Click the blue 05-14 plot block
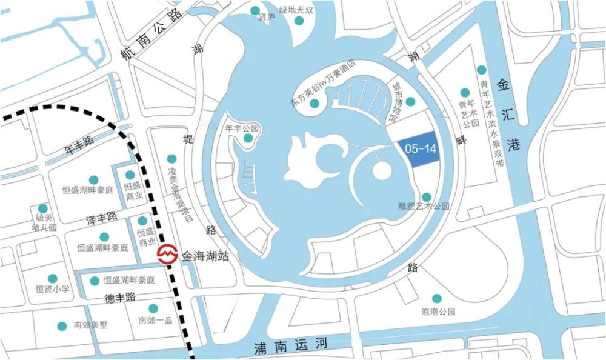pyautogui.click(x=418, y=149)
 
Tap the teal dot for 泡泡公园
pyautogui.click(x=437, y=298)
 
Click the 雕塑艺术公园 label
pyautogui.click(x=424, y=207)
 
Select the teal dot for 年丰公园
pyautogui.click(x=248, y=139)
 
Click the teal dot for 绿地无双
pyautogui.click(x=299, y=21)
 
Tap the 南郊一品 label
pyautogui.click(x=155, y=321)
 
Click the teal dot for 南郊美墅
pyautogui.click(x=62, y=326)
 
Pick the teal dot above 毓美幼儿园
pyautogui.click(x=42, y=208)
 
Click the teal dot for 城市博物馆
pyautogui.click(x=410, y=101)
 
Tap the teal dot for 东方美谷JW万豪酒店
pyautogui.click(x=314, y=103)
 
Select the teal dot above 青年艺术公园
pyautogui.click(x=465, y=93)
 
